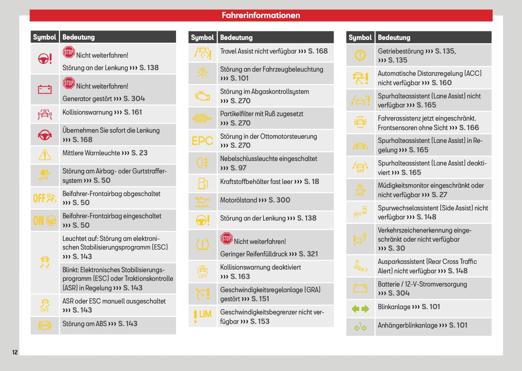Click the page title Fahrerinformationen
[261, 15]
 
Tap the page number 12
[15, 352]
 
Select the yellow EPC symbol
[202, 141]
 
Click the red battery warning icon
[45, 89]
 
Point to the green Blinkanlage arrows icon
[360, 309]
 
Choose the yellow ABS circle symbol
[45, 325]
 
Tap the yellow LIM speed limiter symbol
[202, 316]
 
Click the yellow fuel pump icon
[203, 183]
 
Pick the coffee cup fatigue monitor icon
[360, 189]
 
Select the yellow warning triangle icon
[45, 155]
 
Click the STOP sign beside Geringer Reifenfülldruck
[227, 238]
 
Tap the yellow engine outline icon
[202, 96]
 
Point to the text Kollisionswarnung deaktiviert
[260, 267]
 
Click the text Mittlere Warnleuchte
[91, 153]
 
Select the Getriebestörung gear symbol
[360, 55]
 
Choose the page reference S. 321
[308, 254]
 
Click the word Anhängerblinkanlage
[407, 325]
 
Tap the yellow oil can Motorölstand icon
[202, 202]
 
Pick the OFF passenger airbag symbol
[45, 198]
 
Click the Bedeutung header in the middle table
[236, 37]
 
